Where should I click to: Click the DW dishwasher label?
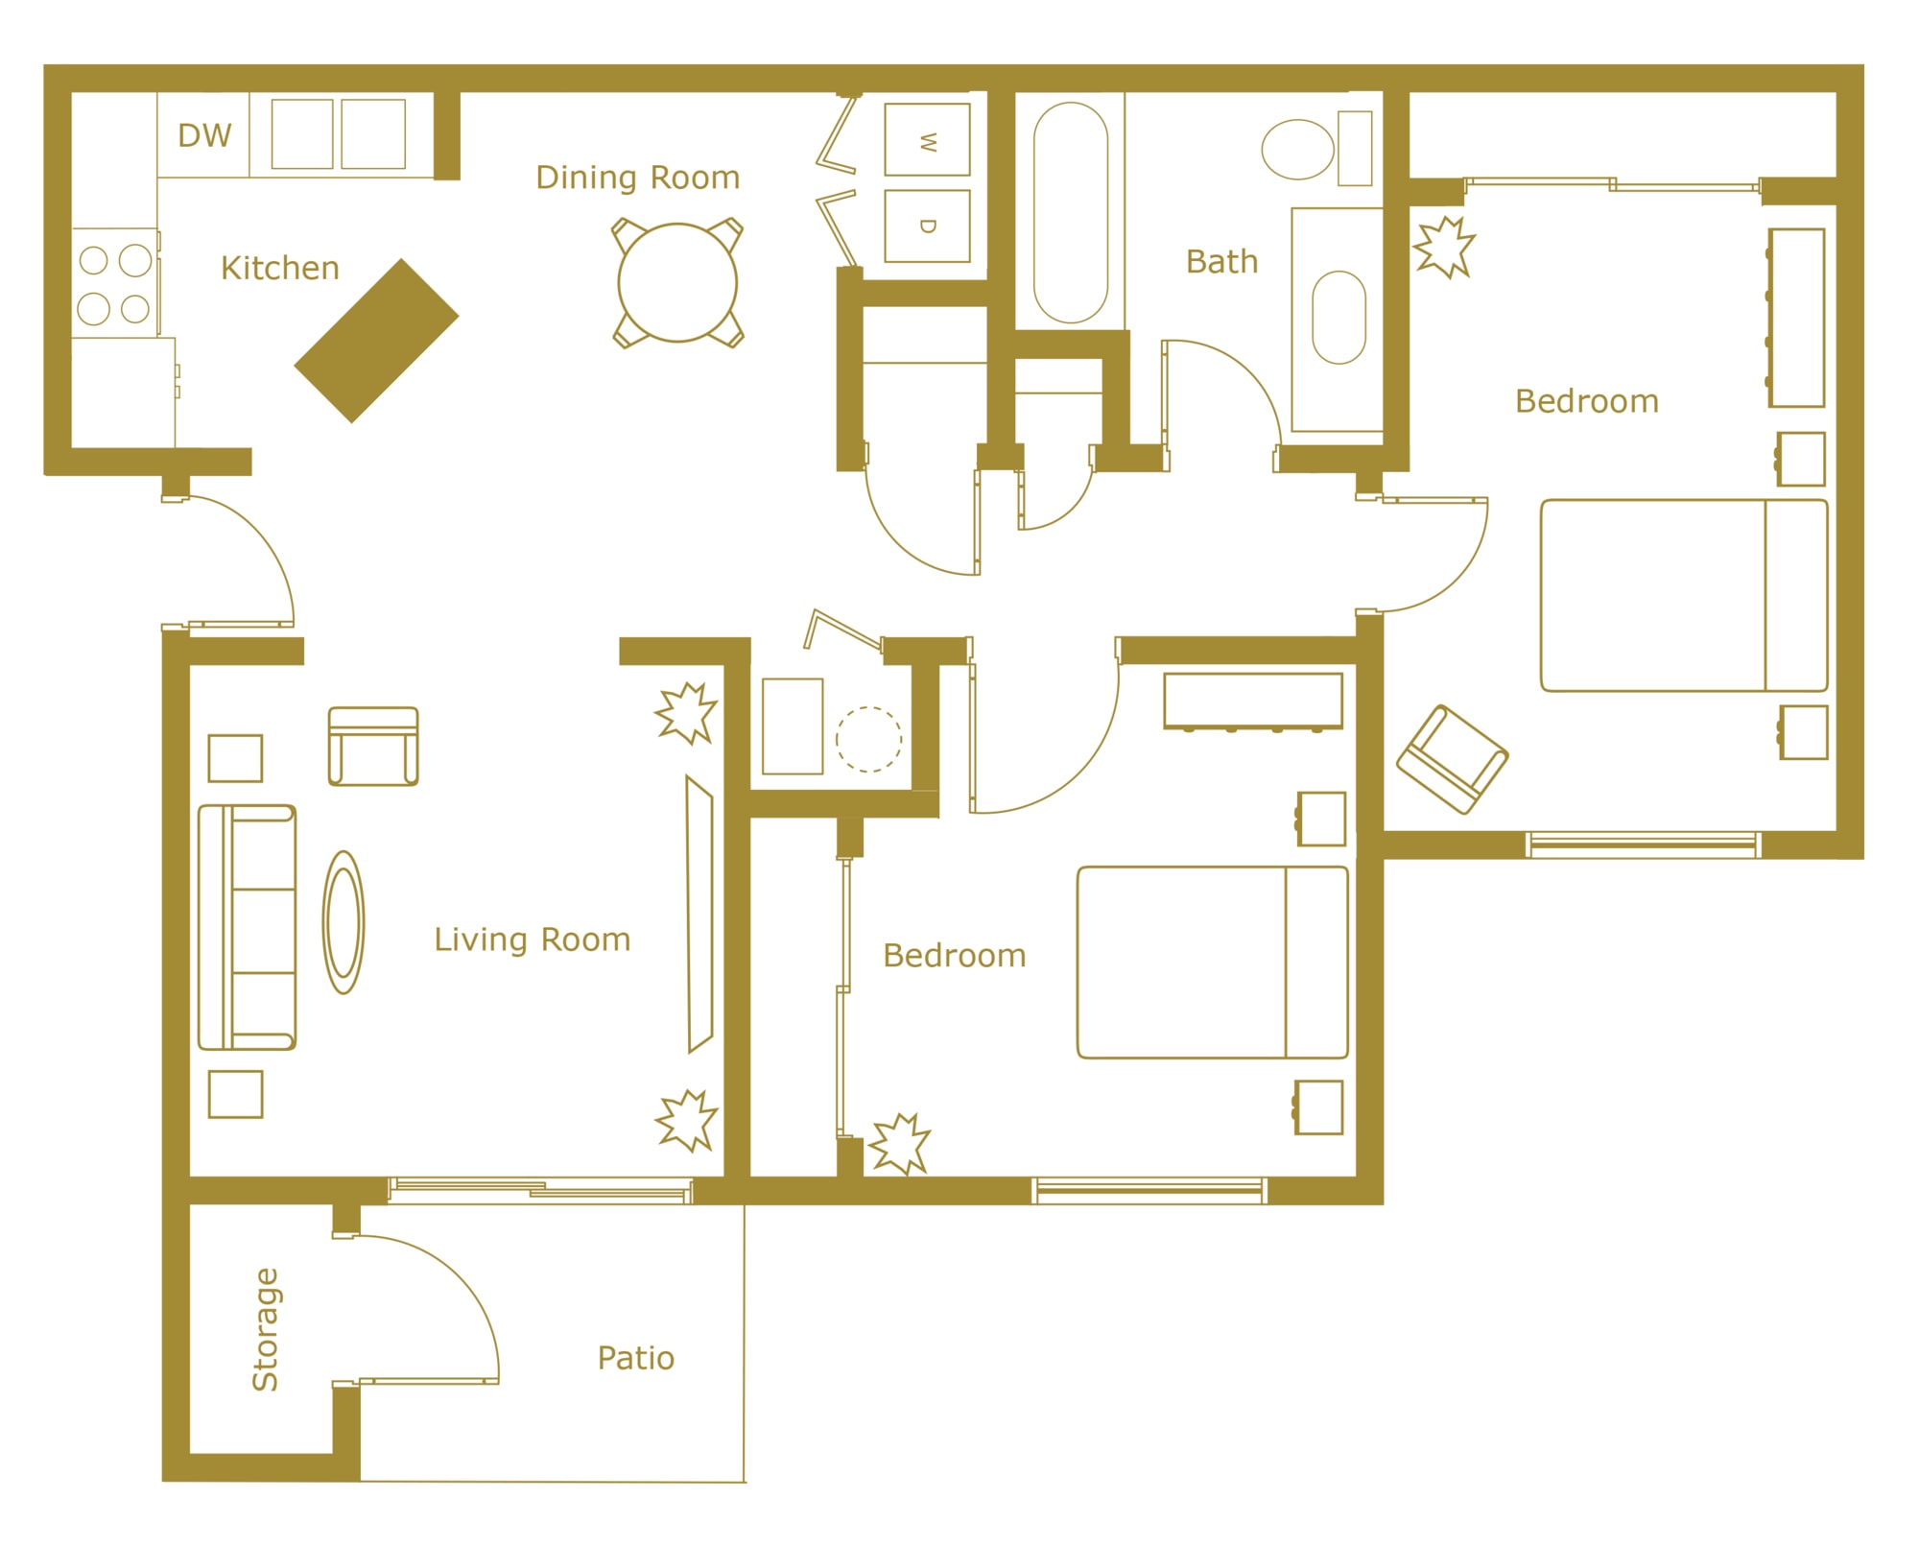[204, 135]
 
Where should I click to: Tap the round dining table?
[677, 283]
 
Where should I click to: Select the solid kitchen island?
[376, 341]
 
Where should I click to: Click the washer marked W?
[927, 140]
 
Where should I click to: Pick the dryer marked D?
[927, 226]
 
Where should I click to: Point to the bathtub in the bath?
[1071, 212]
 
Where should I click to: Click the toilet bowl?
[1298, 150]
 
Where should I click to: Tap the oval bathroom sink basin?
[1339, 318]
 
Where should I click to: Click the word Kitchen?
[280, 268]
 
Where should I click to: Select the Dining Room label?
[638, 178]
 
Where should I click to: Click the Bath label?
[1221, 261]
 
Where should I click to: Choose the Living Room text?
[533, 939]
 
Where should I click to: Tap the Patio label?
[636, 1358]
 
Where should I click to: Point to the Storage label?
[265, 1329]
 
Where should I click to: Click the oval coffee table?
[344, 922]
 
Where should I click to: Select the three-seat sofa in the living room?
[247, 927]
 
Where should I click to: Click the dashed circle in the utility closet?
[868, 739]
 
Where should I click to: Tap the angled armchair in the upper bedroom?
[1453, 759]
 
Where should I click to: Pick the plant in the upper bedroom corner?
[1444, 248]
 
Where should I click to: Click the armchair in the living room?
[373, 746]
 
